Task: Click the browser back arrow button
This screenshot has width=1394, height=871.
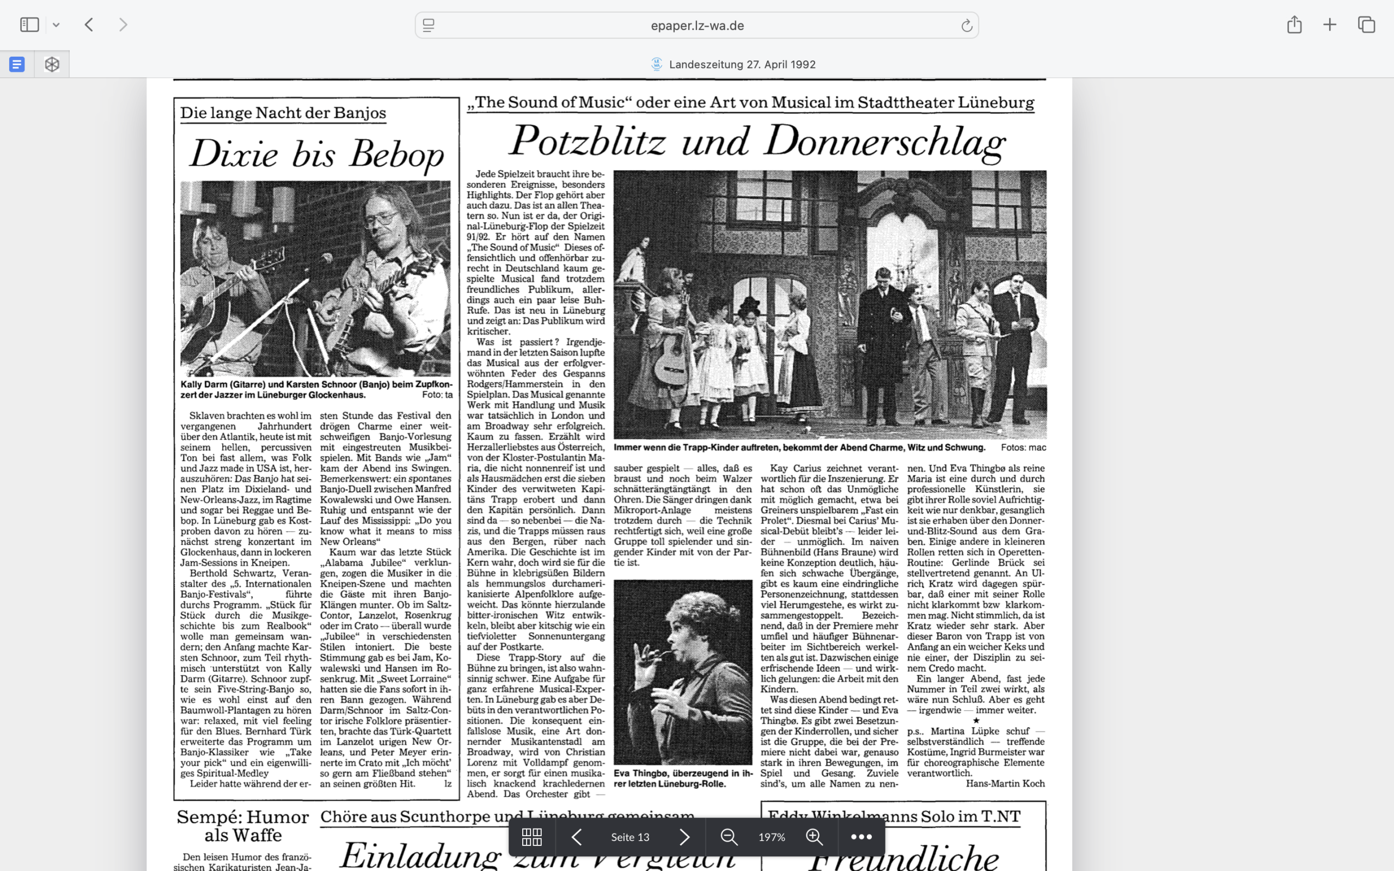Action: [x=89, y=25]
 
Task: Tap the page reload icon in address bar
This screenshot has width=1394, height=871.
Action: [x=966, y=26]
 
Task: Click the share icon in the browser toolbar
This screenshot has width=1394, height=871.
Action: [x=1294, y=25]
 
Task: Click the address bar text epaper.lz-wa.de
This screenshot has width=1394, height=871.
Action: [x=697, y=26]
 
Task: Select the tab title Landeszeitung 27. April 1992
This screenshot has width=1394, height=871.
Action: [x=742, y=65]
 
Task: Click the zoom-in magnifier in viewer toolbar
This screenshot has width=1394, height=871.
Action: [x=814, y=837]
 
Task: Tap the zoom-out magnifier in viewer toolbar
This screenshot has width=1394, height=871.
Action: [x=729, y=837]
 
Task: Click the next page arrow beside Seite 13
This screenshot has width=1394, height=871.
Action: [x=684, y=837]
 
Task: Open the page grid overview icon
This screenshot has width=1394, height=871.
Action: [x=531, y=837]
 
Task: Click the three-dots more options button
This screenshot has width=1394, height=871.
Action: [x=861, y=837]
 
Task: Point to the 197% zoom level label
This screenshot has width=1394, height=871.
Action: [x=771, y=837]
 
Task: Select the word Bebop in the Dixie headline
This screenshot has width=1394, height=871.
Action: [x=397, y=155]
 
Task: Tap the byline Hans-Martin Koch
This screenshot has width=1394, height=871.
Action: [x=1005, y=783]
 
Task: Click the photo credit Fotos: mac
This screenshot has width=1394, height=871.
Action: [x=1023, y=447]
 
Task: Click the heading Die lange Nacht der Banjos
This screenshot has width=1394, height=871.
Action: [x=283, y=113]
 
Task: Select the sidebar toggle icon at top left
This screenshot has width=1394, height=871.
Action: [x=29, y=25]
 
